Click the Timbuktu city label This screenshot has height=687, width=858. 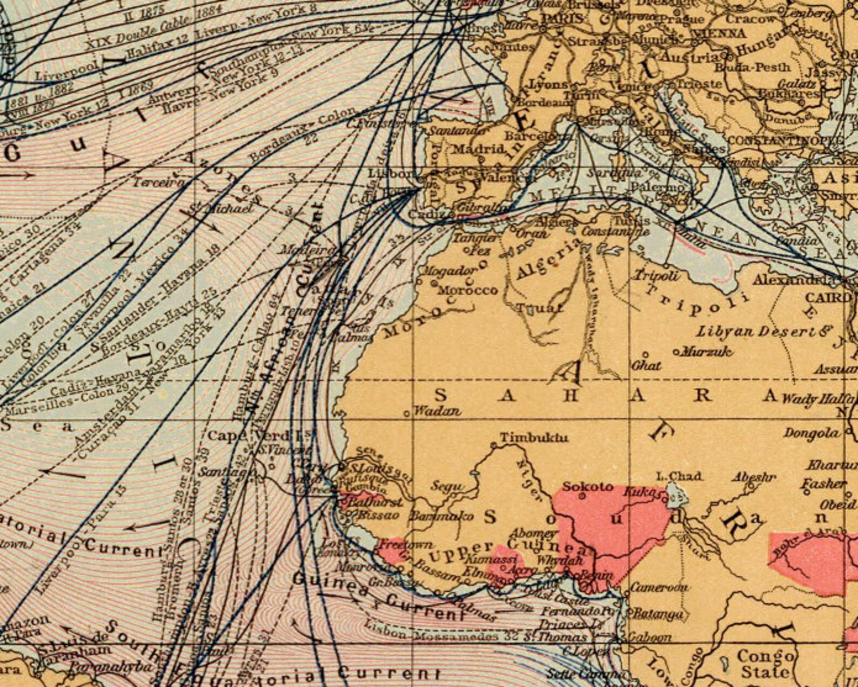(x=534, y=437)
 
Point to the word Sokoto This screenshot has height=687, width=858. (x=587, y=487)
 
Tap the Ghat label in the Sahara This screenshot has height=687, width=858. (x=646, y=365)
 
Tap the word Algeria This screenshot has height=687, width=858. (x=547, y=262)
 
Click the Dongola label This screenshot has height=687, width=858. (x=812, y=433)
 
